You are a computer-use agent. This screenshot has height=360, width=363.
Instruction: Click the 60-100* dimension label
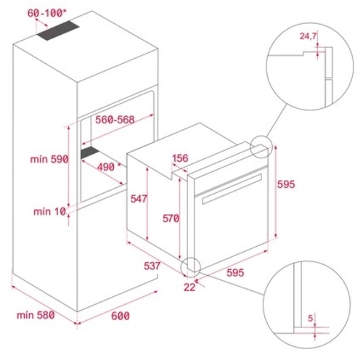point(45,13)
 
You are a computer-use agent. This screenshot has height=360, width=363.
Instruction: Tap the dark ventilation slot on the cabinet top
point(58,30)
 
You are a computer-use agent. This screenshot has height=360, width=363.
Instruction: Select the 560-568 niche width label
point(115,120)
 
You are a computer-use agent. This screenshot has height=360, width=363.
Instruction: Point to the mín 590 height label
point(49,159)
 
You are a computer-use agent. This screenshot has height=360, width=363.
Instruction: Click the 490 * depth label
point(109,167)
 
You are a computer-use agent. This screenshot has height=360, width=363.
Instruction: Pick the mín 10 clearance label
point(49,212)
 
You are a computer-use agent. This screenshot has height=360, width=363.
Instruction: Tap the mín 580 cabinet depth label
point(36,315)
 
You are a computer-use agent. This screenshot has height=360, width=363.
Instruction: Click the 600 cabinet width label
point(121,316)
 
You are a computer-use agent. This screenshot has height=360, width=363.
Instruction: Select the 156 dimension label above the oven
point(180,158)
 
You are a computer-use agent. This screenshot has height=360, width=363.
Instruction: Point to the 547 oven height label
point(139,199)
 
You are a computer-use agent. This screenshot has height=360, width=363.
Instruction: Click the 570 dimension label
point(171,218)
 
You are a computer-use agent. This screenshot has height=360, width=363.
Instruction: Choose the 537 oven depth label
point(152,266)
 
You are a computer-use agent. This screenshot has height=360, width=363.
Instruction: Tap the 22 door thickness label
point(189,287)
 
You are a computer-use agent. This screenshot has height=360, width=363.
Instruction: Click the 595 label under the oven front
point(235,273)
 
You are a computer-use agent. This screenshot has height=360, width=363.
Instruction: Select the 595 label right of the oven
point(286,184)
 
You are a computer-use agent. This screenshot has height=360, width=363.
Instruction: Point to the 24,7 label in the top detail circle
point(308,36)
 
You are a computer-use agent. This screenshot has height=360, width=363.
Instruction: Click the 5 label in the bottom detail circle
point(311,318)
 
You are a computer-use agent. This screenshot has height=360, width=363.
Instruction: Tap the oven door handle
point(232,189)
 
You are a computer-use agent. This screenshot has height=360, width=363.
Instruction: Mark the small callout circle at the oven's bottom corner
point(191,267)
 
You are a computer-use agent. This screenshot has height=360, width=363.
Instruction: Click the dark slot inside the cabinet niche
point(90,152)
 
